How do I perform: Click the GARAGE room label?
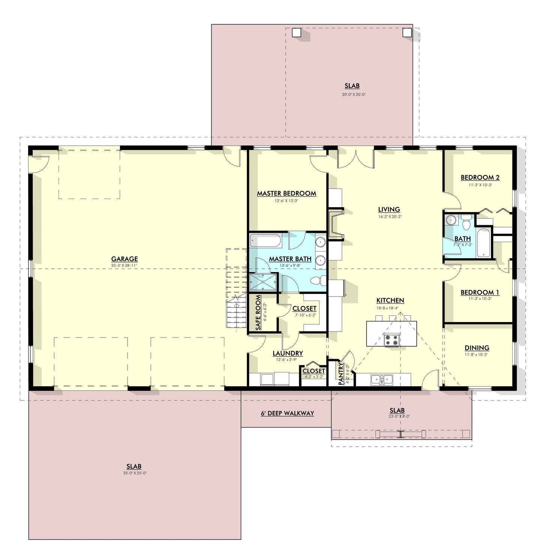point(124,259)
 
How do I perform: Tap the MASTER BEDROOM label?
point(286,194)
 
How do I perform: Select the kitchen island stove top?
point(392,340)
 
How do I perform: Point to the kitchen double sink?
point(381,379)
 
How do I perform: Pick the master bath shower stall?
point(263,282)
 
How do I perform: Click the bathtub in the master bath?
point(265,241)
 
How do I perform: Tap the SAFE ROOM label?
point(258,313)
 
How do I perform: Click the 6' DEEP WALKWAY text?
point(287,413)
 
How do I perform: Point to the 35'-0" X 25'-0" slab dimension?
point(134,473)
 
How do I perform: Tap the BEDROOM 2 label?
point(480,178)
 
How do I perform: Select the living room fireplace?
point(336,224)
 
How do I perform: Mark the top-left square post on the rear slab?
point(297,33)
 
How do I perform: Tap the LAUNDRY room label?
point(287,353)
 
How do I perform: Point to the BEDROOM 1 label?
point(480,292)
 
